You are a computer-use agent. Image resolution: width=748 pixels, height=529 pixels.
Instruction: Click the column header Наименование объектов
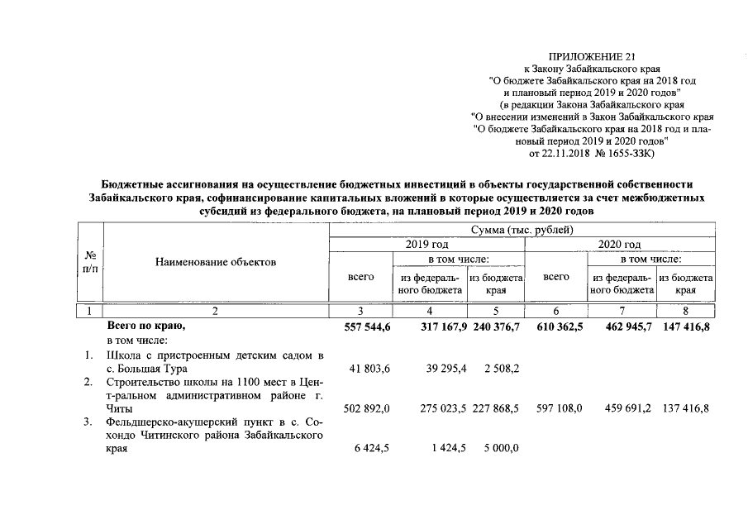216,262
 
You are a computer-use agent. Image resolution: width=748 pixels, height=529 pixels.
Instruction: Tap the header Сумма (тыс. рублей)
522,229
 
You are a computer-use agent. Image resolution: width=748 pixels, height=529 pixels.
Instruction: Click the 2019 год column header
427,245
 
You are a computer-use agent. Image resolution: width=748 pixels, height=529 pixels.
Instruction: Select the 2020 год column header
619,245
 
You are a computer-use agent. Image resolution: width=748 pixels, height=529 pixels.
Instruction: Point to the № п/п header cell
88,262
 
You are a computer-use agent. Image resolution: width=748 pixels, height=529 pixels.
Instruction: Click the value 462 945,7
622,327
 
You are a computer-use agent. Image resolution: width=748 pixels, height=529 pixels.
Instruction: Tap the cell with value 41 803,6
358,369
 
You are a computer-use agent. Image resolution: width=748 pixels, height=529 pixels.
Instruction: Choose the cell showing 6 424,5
358,450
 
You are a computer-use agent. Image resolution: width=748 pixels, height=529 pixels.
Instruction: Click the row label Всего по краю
145,327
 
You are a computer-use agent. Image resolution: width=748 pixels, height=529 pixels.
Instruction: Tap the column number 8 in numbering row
686,311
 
